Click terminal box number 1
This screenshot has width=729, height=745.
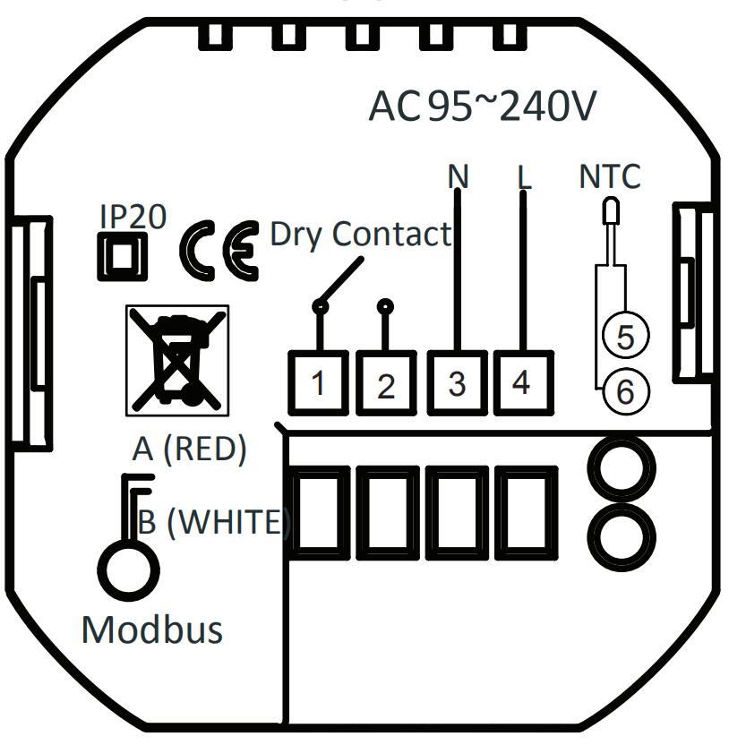coord(317,383)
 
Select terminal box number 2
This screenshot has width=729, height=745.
coord(386,384)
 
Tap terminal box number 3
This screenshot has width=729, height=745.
coord(457,382)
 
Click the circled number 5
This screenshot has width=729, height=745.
coord(626,337)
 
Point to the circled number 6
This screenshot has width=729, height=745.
coord(626,390)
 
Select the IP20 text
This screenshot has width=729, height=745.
coord(132,218)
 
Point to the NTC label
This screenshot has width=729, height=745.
coord(610,176)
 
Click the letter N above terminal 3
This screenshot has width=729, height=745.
coord(458,176)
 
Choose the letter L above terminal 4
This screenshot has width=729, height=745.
coord(524,176)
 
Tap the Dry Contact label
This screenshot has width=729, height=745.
coord(361,235)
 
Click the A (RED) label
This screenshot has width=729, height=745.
coord(189,449)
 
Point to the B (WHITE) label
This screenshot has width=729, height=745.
coord(215,521)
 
